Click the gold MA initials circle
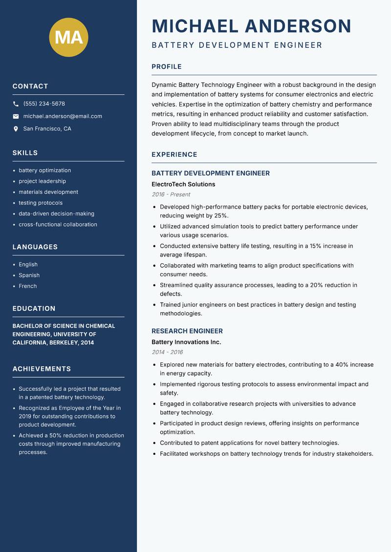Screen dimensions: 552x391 [x=68, y=37]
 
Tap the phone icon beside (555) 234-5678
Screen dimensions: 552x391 [x=16, y=104]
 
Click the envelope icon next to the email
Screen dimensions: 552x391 [x=16, y=116]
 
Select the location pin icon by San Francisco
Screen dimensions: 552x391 [x=16, y=129]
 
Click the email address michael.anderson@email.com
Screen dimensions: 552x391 [x=63, y=116]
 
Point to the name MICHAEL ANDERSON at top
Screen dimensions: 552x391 [x=251, y=26]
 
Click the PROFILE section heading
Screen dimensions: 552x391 [x=166, y=67]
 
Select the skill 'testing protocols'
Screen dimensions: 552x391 [x=41, y=203]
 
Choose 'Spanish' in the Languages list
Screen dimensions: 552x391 [x=29, y=275]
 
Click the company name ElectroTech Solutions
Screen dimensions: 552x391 [x=183, y=184]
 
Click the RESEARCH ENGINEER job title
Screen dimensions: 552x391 [x=187, y=331]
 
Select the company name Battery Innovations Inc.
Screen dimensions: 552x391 [x=186, y=342]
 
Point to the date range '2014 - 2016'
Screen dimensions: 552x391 [x=167, y=352]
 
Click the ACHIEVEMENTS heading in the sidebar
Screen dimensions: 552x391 [x=42, y=369]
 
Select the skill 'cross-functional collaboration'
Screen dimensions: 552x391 [x=58, y=224]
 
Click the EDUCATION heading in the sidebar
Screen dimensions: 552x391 [x=34, y=309]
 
